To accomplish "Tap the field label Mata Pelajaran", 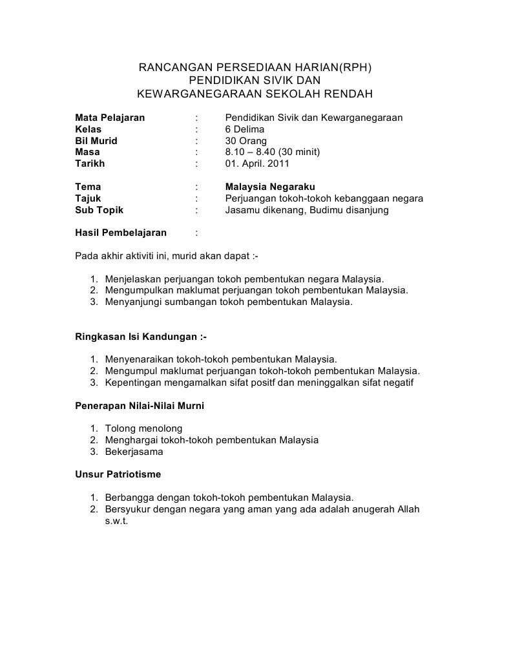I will [x=110, y=118].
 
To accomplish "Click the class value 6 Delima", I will [x=244, y=129].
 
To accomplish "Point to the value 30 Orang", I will [x=246, y=141].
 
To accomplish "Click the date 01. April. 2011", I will [x=262, y=163].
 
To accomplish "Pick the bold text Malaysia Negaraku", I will [x=269, y=187].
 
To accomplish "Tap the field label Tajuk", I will [x=88, y=198].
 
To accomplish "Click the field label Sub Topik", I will [x=99, y=210].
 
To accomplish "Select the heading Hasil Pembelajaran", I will [x=121, y=233].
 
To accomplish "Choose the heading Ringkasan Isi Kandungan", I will [x=141, y=337].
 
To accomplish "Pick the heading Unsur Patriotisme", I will [x=118, y=474].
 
